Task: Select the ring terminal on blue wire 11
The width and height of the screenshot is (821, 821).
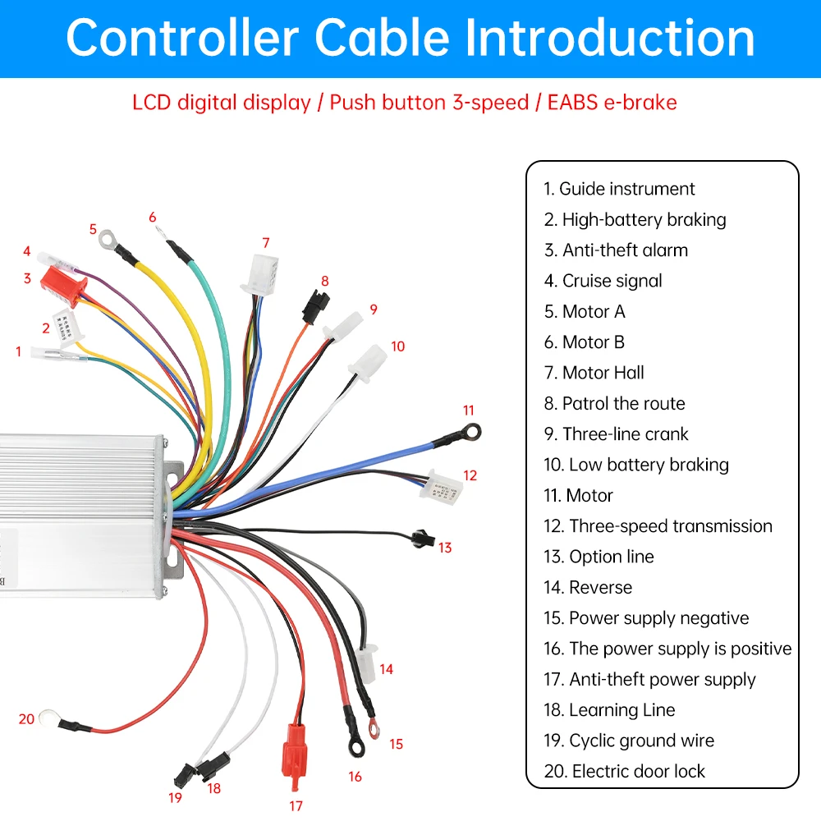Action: [x=471, y=431]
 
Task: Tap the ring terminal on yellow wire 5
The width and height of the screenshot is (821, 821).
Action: [x=107, y=239]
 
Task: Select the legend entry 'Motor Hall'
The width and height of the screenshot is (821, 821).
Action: [x=604, y=373]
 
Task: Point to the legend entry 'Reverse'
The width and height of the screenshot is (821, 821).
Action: [x=600, y=587]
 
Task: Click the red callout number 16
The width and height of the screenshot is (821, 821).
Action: [x=355, y=776]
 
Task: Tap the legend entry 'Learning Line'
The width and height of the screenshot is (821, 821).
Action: [x=621, y=710]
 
